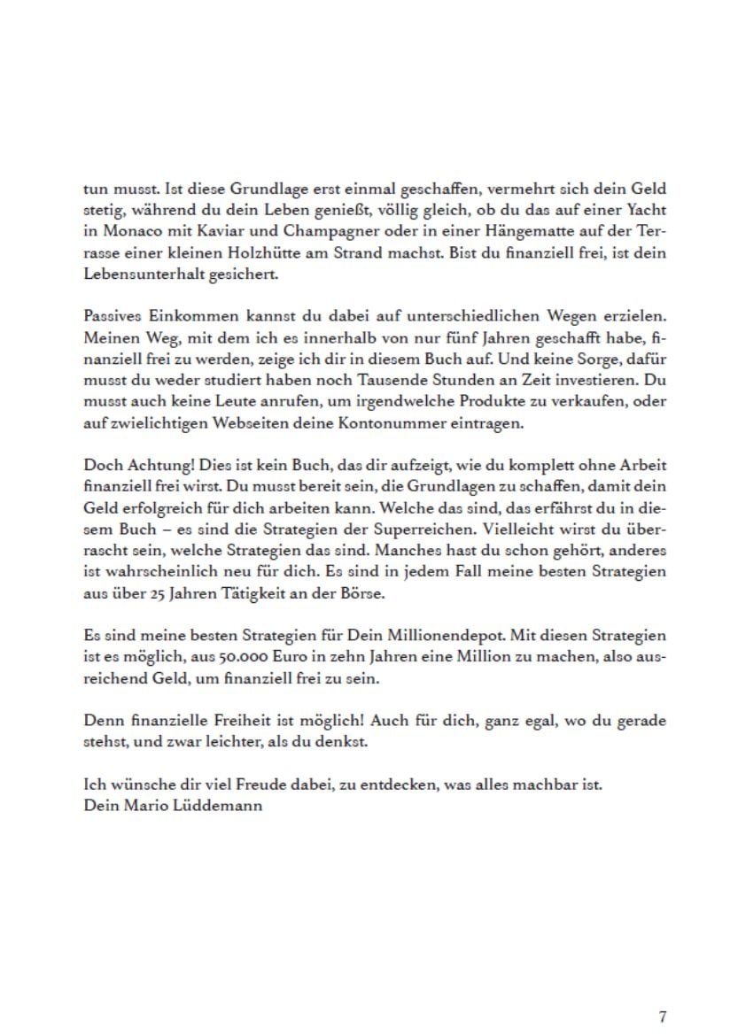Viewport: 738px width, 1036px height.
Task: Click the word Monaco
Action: click(124, 232)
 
